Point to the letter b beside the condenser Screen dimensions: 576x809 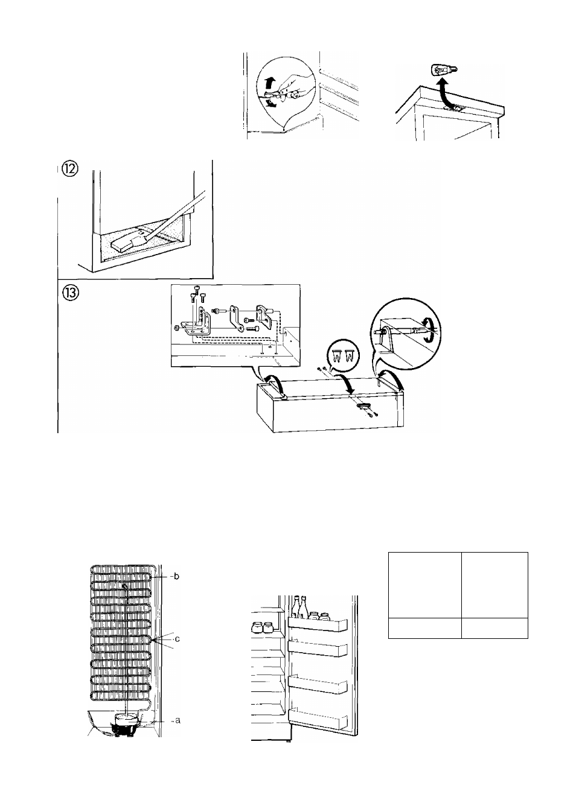[176, 576]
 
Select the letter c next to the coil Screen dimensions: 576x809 [177, 639]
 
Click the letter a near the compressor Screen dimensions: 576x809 [177, 720]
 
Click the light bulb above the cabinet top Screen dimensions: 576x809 [444, 69]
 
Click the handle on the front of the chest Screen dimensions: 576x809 [364, 406]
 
